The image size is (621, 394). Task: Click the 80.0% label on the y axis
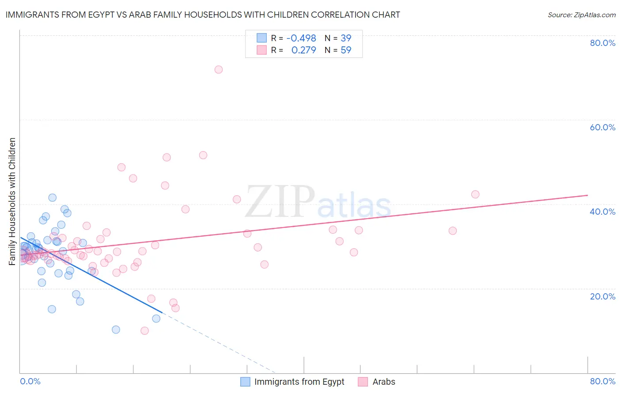pyautogui.click(x=602, y=43)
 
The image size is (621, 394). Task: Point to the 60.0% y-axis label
pyautogui.click(x=602, y=127)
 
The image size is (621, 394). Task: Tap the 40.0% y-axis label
pyautogui.click(x=602, y=212)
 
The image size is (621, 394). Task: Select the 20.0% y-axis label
pyautogui.click(x=602, y=296)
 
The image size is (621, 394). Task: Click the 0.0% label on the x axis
pyautogui.click(x=30, y=381)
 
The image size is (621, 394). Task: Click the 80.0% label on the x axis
pyautogui.click(x=602, y=381)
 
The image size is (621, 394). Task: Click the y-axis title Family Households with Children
pyautogui.click(x=12, y=201)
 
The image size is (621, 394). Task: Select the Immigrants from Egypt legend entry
pyautogui.click(x=299, y=382)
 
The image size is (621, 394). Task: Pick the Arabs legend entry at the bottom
pyautogui.click(x=383, y=382)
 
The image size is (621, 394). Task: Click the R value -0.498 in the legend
pyautogui.click(x=301, y=38)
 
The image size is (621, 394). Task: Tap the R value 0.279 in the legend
pyautogui.click(x=303, y=50)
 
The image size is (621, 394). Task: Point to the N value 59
pyautogui.click(x=346, y=50)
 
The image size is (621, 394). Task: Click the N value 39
pyautogui.click(x=346, y=38)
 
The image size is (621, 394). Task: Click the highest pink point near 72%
pyautogui.click(x=218, y=69)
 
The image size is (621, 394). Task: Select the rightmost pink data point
pyautogui.click(x=475, y=194)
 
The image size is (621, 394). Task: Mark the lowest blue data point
pyautogui.click(x=116, y=330)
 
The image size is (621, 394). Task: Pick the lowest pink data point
pyautogui.click(x=144, y=331)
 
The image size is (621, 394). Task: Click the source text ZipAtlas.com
pyautogui.click(x=581, y=15)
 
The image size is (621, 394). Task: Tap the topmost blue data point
pyautogui.click(x=52, y=197)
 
